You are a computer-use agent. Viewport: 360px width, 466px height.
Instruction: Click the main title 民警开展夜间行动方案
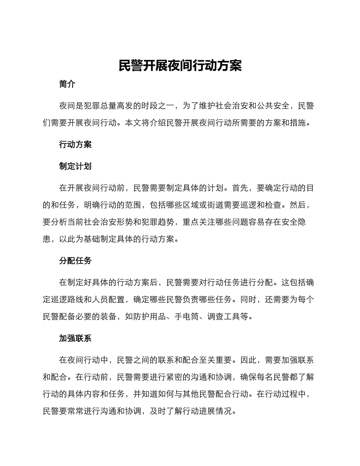point(180,66)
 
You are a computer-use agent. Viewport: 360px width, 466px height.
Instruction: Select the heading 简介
point(67,84)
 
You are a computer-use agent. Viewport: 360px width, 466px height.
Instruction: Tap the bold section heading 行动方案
point(75,144)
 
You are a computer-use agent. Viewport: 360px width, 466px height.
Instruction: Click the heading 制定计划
point(75,166)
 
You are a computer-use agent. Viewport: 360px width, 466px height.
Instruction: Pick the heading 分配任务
point(75,261)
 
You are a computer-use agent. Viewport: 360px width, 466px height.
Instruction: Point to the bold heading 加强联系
point(75,338)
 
